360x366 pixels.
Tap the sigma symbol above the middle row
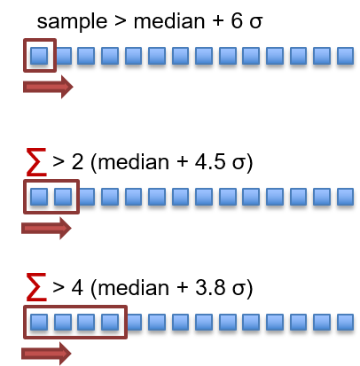pyautogui.click(x=35, y=162)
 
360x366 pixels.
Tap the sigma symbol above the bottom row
pyautogui.click(x=35, y=287)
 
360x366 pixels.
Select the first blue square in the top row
pyautogui.click(x=39, y=56)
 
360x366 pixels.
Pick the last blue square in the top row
pyautogui.click(x=345, y=56)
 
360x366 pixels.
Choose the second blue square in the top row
pyautogui.click(x=63, y=56)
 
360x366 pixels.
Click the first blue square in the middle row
pyautogui.click(x=39, y=197)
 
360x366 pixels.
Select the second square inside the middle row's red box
pyautogui.click(x=63, y=197)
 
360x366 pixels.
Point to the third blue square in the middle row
pyautogui.click(x=86, y=197)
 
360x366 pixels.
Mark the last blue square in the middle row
pyautogui.click(x=345, y=197)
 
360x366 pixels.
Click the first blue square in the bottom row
pyautogui.click(x=39, y=322)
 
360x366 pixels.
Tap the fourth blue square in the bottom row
pyautogui.click(x=110, y=322)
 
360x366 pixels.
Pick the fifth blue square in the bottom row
pyautogui.click(x=133, y=322)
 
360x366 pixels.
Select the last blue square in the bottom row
pyautogui.click(x=345, y=322)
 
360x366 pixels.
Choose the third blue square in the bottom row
pyautogui.click(x=86, y=322)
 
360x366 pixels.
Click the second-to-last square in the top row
pyautogui.click(x=322, y=56)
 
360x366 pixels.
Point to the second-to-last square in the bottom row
pyautogui.click(x=322, y=322)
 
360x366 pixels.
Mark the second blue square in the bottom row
pyautogui.click(x=63, y=322)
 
